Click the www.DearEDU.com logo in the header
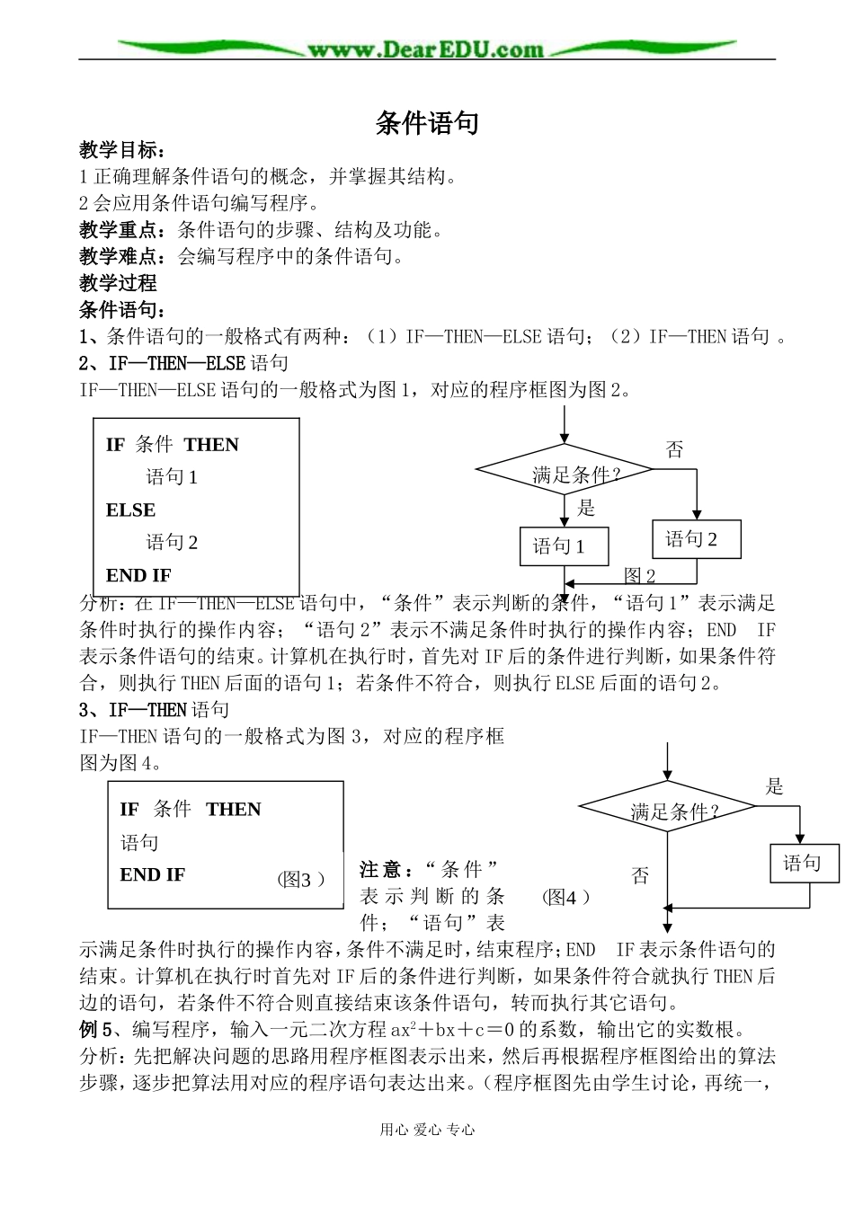click(426, 49)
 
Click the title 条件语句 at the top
click(426, 123)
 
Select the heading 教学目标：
click(122, 151)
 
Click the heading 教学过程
click(118, 283)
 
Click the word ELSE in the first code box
click(130, 510)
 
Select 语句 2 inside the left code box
click(172, 543)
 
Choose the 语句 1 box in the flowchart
click(564, 546)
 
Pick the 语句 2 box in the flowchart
click(696, 539)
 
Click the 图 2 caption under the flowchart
click(640, 576)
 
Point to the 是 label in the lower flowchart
click(775, 787)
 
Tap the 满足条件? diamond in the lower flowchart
click(667, 811)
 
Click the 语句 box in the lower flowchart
click(805, 864)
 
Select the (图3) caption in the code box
click(300, 881)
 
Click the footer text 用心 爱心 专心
click(426, 1131)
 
